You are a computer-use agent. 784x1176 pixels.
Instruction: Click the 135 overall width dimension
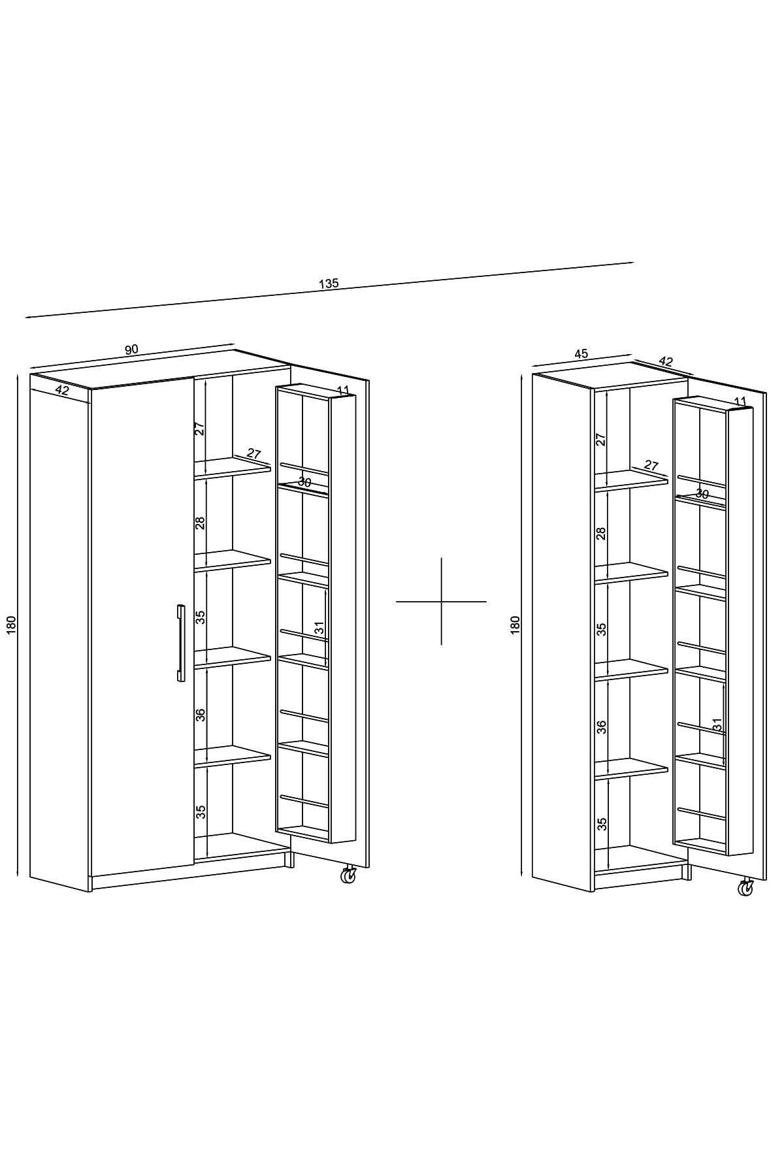pos(329,284)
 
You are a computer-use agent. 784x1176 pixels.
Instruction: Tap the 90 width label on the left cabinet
pos(131,350)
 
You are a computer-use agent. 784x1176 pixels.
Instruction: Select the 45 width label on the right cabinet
pos(581,354)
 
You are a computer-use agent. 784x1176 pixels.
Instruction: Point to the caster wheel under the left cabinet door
pos(348,875)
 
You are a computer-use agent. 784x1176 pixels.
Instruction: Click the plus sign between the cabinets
pos(441,601)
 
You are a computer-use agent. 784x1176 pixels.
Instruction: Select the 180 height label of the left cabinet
pos(11,625)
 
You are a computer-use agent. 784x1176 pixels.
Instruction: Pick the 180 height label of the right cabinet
pos(515,625)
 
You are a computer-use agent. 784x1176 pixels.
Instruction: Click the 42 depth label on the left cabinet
pos(62,391)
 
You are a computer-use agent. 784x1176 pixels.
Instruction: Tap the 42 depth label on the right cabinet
pos(666,361)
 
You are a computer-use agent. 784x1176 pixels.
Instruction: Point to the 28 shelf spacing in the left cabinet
pos(201,523)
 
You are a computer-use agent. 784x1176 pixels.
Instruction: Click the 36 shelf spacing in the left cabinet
pos(201,714)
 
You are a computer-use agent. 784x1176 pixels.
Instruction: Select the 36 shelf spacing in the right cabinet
pos(602,727)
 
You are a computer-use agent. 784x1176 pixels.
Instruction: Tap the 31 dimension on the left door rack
pos(319,629)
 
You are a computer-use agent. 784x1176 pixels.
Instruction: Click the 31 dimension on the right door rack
pos(717,725)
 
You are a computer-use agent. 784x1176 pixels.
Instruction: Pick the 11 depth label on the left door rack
pos(343,391)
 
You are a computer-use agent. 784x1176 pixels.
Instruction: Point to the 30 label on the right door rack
pos(702,495)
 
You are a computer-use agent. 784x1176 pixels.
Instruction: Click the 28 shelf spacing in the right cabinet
pos(601,533)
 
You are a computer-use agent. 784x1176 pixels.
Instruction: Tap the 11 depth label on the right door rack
pos(740,401)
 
